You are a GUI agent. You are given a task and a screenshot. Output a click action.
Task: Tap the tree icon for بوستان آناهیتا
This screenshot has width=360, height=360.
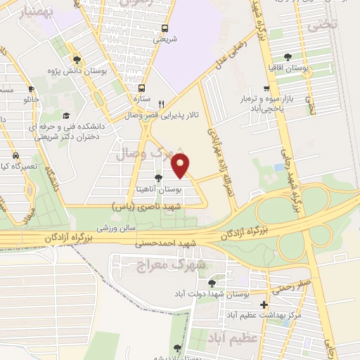pyautogui.click(x=157, y=177)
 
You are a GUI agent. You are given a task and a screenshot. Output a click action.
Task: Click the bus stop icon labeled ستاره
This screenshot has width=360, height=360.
pyautogui.click(x=142, y=89)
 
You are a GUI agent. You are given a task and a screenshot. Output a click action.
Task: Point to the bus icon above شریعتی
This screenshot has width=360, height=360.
pyautogui.click(x=165, y=29)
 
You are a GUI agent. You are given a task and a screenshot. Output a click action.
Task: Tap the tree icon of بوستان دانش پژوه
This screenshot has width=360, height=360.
pyautogui.click(x=77, y=60)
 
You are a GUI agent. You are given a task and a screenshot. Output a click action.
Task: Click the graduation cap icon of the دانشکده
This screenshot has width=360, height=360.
pyautogui.click(x=66, y=115)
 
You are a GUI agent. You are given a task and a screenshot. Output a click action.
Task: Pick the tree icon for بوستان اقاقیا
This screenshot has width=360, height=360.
pyautogui.click(x=288, y=58)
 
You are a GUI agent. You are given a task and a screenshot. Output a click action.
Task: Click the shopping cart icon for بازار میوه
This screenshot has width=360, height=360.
pyautogui.click(x=266, y=89)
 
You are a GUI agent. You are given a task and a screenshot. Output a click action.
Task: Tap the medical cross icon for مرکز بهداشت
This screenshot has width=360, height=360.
pyautogui.click(x=264, y=305)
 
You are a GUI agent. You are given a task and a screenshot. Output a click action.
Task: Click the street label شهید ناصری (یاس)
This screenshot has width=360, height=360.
pyautogui.click(x=147, y=207)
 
